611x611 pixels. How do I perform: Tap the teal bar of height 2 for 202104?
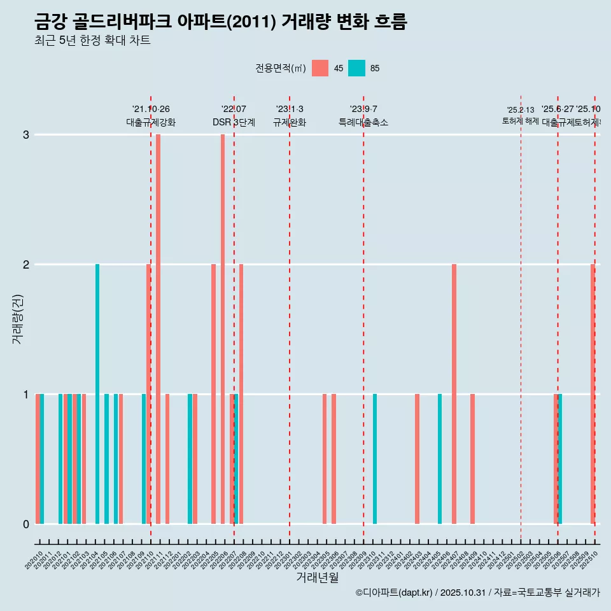pos(97,394)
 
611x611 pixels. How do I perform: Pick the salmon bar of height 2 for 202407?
pos(454,394)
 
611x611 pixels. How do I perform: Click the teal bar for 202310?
pos(375,459)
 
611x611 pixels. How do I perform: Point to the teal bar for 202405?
pos(440,459)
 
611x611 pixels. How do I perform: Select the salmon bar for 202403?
pos(417,459)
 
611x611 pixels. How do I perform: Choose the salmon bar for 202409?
pos(472,459)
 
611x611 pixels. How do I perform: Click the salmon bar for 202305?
pos(325,459)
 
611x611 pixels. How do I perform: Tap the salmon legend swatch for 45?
pos(320,68)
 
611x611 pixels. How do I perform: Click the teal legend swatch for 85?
pos(356,68)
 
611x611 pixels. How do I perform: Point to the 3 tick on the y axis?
pos(26,134)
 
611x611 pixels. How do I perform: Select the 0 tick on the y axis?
pos(26,524)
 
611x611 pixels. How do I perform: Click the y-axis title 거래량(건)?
pos(17,318)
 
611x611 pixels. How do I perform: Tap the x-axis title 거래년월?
pos(317,577)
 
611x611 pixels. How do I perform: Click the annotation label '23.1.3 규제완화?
pos(290,116)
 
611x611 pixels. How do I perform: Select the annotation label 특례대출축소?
pos(363,122)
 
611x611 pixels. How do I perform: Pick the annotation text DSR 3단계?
pos(234,122)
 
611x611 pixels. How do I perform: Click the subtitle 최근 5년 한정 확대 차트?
pos(92,41)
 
